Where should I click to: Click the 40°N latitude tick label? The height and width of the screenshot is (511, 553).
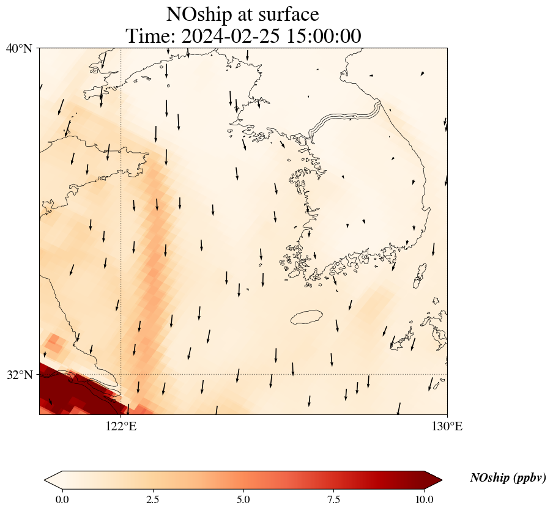[20, 48]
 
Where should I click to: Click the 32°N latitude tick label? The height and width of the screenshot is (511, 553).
[20, 375]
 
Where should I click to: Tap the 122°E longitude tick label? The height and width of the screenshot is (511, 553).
[121, 426]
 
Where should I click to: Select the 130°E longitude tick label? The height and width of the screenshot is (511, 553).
[447, 426]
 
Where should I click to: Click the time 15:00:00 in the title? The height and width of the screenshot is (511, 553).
[323, 36]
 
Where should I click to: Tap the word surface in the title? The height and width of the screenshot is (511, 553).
[288, 14]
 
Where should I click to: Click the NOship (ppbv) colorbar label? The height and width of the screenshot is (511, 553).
[508, 478]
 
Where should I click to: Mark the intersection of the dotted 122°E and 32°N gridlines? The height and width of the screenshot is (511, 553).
[121, 374]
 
